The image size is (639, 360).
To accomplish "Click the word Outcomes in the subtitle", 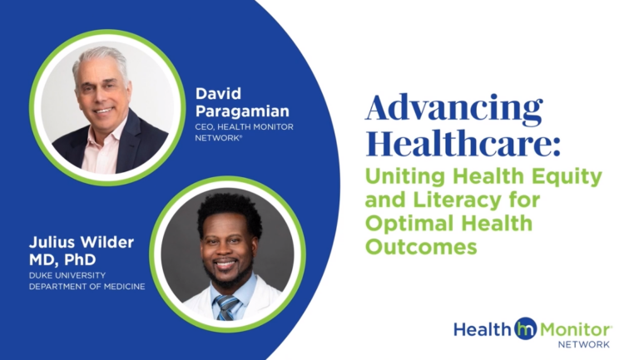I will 423,248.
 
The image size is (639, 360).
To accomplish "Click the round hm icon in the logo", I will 526,328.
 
